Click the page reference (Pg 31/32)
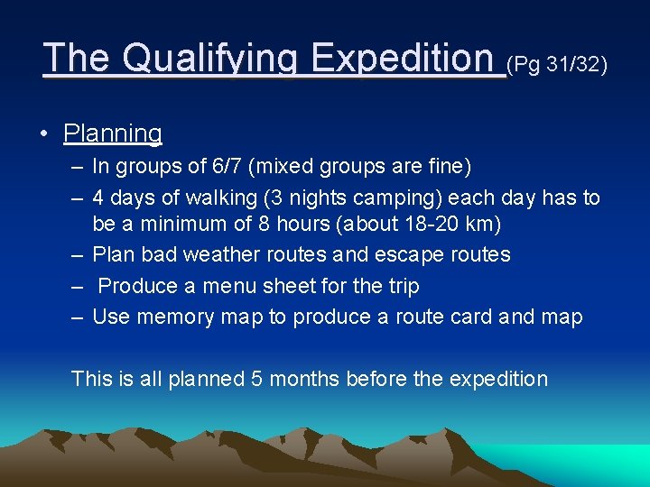557,65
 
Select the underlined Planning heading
113,133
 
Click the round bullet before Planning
43,134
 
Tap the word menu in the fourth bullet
226,286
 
